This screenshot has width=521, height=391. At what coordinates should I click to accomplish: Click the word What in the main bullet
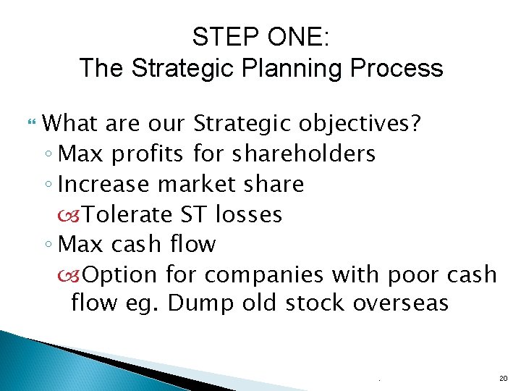click(x=70, y=123)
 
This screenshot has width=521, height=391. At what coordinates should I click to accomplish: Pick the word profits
click(x=151, y=154)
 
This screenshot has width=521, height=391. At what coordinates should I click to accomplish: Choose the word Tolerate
click(x=128, y=214)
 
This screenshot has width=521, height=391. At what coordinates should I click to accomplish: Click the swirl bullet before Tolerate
click(x=76, y=215)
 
